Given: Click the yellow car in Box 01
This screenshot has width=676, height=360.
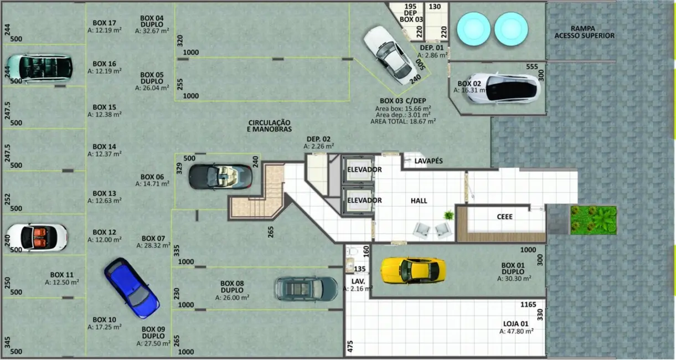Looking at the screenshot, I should pyautogui.click(x=413, y=270).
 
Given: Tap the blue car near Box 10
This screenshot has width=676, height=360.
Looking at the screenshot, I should pyautogui.click(x=131, y=289).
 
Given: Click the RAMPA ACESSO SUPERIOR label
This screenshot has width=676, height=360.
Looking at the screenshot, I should pyautogui.click(x=584, y=32).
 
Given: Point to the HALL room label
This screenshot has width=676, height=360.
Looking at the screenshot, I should pyautogui.click(x=419, y=200).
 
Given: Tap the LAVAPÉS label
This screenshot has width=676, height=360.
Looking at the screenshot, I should pyautogui.click(x=429, y=161).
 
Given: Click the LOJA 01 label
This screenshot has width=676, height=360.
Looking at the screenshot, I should pyautogui.click(x=516, y=323).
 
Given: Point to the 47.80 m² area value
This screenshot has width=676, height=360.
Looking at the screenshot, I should pyautogui.click(x=516, y=331).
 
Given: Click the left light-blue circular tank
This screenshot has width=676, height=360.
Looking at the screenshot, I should pyautogui.click(x=472, y=29).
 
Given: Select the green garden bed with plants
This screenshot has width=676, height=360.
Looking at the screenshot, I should pyautogui.click(x=593, y=219).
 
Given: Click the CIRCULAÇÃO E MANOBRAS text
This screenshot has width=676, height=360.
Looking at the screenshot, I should pyautogui.click(x=269, y=125).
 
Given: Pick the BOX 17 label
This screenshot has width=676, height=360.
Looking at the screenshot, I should pyautogui.click(x=104, y=23).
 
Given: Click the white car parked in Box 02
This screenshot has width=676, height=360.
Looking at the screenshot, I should pyautogui.click(x=502, y=88).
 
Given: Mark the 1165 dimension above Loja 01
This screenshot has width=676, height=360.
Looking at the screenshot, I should pyautogui.click(x=529, y=305).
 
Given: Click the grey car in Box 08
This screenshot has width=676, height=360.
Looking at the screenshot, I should pyautogui.click(x=306, y=289).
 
